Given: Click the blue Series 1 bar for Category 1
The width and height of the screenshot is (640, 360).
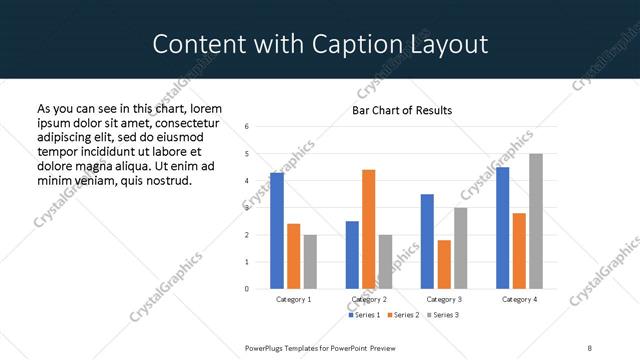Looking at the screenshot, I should pos(277,231).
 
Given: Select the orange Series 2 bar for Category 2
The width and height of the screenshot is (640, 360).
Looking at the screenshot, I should pos(369,229).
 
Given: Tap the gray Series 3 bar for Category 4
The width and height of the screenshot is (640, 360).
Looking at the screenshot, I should pos(536,221).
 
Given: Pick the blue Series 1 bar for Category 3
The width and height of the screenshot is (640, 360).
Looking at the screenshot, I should pos(427,241).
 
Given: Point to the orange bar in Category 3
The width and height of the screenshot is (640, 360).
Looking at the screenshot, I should pos(444,264).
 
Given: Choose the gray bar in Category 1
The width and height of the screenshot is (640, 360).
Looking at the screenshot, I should pos(310,262).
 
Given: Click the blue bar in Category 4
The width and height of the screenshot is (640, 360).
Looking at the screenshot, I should pos(503,228).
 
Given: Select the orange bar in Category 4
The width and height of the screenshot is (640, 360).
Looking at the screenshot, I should pos(519,251).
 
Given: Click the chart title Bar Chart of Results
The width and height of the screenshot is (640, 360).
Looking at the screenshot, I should pos(402,110).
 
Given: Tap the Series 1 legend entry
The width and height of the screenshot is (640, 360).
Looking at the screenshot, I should pos(363,315).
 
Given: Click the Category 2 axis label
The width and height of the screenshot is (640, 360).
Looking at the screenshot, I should pos(369,299).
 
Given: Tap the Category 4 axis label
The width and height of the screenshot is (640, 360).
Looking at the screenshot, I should pos(519,299).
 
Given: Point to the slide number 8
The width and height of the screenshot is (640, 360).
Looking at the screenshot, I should pos(590,347).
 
